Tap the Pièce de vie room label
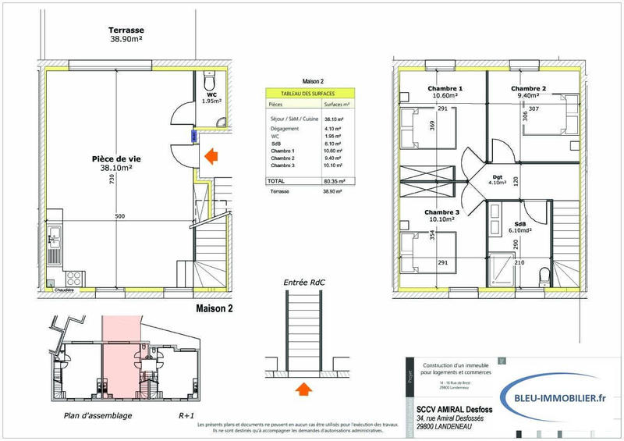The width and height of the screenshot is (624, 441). [119, 162]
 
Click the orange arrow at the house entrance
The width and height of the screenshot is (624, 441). [210, 157]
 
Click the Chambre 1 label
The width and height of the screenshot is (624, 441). [445, 93]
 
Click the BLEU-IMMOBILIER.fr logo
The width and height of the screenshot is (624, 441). [555, 398]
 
